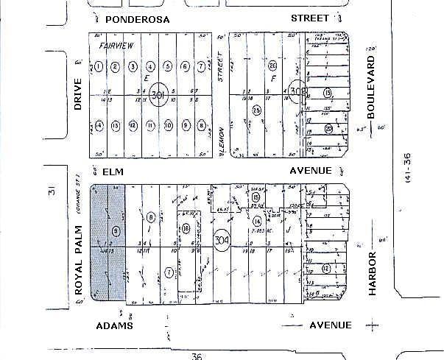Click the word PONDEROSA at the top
pyautogui.click(x=133, y=18)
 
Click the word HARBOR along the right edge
pyautogui.click(x=373, y=273)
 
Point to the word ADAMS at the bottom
pyautogui.click(x=115, y=325)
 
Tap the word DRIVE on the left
pyautogui.click(x=78, y=96)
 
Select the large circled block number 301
pyautogui.click(x=157, y=95)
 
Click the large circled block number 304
pyautogui.click(x=221, y=240)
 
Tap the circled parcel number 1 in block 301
pyautogui.click(x=98, y=67)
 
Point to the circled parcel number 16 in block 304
pyautogui.click(x=186, y=228)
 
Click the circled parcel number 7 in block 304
pyautogui.click(x=169, y=272)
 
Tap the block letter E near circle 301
pyautogui.click(x=147, y=78)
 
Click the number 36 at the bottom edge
pyautogui.click(x=195, y=356)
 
